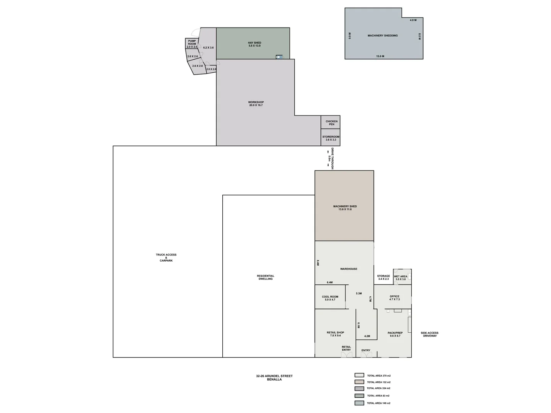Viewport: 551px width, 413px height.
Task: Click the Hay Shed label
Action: tap(254, 44)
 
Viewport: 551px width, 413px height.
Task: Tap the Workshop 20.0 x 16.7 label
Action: tap(256, 104)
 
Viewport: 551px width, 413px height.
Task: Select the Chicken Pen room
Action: tap(331, 123)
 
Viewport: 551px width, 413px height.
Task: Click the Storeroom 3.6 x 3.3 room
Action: tap(331, 138)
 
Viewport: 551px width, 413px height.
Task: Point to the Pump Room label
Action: tap(192, 42)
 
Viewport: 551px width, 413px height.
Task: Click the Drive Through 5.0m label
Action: tap(331, 158)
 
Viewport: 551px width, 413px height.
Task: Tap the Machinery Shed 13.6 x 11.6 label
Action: tap(345, 208)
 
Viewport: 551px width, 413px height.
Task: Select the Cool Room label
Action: tap(330, 298)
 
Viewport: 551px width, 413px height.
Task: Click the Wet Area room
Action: tap(401, 278)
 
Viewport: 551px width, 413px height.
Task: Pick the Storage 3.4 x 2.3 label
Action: tap(383, 277)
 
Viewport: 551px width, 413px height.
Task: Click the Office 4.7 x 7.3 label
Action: tap(395, 298)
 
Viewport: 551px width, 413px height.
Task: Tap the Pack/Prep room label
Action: tap(395, 334)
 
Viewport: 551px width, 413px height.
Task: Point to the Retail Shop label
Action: tap(335, 334)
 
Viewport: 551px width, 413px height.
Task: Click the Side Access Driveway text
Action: tap(429, 334)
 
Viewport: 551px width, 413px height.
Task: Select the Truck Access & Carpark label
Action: tap(166, 258)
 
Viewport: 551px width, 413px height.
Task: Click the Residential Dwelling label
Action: tap(266, 277)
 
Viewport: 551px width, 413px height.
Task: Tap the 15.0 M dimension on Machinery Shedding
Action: tap(380, 56)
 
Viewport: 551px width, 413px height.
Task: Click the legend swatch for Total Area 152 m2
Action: tap(359, 382)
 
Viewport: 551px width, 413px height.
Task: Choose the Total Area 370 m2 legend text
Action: tap(378, 376)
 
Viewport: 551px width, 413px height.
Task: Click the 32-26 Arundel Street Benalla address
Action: tap(274, 378)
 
